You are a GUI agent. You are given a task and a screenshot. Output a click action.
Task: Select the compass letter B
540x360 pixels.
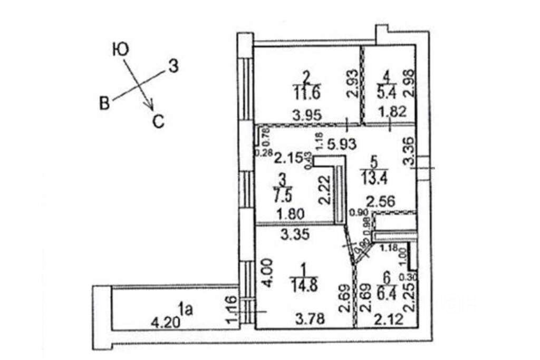(104, 103)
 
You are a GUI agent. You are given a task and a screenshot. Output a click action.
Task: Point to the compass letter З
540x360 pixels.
(174, 66)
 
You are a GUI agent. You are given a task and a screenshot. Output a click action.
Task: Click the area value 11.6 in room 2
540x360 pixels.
(305, 93)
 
